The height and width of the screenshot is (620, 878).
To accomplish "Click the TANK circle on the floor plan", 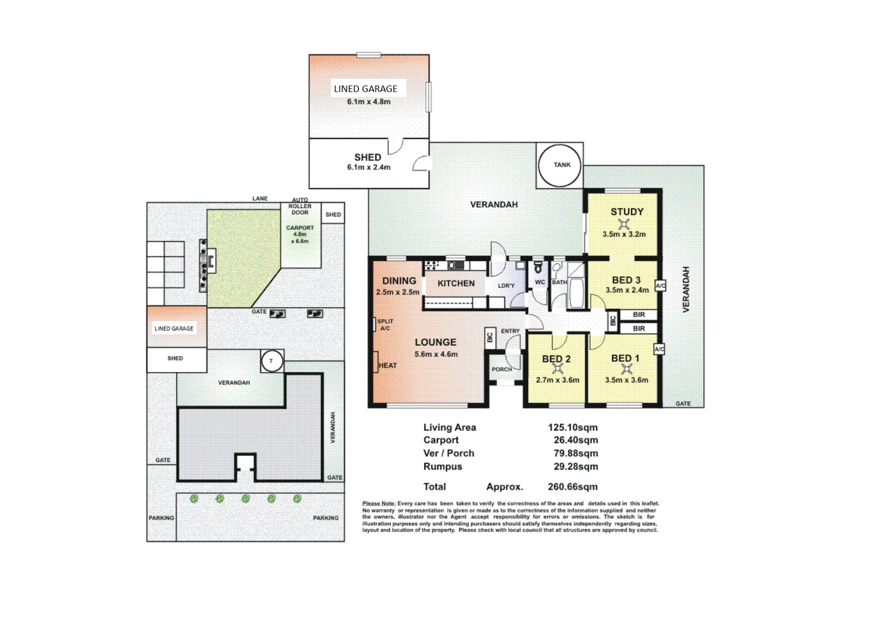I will click(x=561, y=165).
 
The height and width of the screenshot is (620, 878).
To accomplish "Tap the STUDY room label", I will click(x=626, y=212).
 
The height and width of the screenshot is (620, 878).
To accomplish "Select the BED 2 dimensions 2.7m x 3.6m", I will click(x=557, y=380).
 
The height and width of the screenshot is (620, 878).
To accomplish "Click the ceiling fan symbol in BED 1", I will click(x=626, y=369).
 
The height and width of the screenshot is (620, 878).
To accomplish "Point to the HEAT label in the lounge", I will click(x=387, y=366).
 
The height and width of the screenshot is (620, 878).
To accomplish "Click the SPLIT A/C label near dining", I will click(x=385, y=325).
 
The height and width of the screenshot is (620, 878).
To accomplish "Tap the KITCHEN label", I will click(x=456, y=284).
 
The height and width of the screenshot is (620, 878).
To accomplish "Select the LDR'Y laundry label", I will click(x=506, y=286).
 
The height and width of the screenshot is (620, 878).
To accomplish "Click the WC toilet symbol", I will click(x=538, y=268).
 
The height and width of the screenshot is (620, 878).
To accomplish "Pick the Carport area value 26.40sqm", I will click(x=572, y=440).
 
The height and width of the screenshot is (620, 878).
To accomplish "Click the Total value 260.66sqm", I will click(x=572, y=487).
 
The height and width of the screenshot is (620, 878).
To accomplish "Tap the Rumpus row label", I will click(x=442, y=467).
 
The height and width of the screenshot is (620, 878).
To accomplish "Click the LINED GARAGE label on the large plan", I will click(x=365, y=89).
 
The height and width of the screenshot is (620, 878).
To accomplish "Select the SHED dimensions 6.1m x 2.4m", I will click(x=368, y=168).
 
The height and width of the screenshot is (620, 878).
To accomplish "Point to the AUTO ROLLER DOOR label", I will click(x=300, y=206).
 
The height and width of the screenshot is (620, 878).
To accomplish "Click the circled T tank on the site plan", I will click(x=271, y=361).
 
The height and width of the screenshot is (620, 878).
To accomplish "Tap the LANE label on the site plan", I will click(x=260, y=199).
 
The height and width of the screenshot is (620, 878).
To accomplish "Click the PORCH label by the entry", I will click(x=502, y=370).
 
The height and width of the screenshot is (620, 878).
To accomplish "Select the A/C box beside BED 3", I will click(x=660, y=286).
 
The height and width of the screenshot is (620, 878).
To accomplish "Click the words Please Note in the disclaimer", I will click(x=378, y=503).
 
